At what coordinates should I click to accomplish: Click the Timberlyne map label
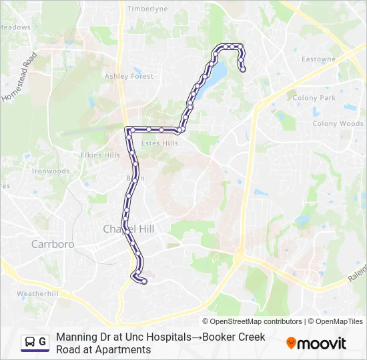tap(147, 9)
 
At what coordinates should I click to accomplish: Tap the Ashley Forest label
tap(129, 77)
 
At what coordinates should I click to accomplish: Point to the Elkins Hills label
tap(100, 155)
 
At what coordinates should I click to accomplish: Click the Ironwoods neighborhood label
tap(51, 171)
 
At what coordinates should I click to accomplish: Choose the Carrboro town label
tap(53, 244)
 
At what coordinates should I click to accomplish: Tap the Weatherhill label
tap(37, 293)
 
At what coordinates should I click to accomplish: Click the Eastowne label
tap(318, 59)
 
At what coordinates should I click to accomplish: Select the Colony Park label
tap(314, 98)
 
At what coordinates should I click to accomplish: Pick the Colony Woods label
tap(338, 124)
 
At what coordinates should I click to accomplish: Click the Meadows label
tap(15, 27)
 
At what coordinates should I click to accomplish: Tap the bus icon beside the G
tap(30, 343)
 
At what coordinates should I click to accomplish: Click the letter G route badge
tap(42, 343)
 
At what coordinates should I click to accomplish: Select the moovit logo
tap(316, 343)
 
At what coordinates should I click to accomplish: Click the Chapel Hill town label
tap(128, 229)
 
